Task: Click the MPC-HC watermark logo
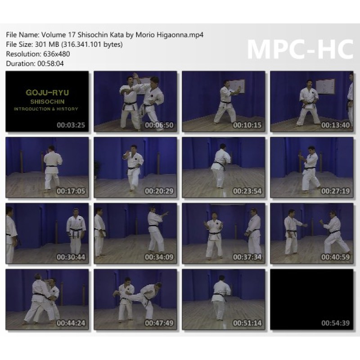[x=300, y=50]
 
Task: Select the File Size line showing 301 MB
[x=64, y=44]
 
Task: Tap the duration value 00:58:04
[x=50, y=63]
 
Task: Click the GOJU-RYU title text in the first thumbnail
[x=47, y=93]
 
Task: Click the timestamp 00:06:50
[x=159, y=125]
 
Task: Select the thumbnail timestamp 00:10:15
[x=247, y=125]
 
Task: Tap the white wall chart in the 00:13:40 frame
[x=325, y=86]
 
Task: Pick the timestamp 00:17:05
[x=71, y=191]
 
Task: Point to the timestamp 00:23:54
[x=247, y=191]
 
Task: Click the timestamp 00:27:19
[x=335, y=191]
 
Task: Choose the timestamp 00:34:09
[x=159, y=257]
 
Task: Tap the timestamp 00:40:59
[x=335, y=257]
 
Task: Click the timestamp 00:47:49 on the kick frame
[x=159, y=323]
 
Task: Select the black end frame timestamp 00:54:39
[x=335, y=323]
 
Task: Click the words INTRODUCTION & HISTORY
[x=46, y=109]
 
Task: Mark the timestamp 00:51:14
[x=247, y=323]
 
